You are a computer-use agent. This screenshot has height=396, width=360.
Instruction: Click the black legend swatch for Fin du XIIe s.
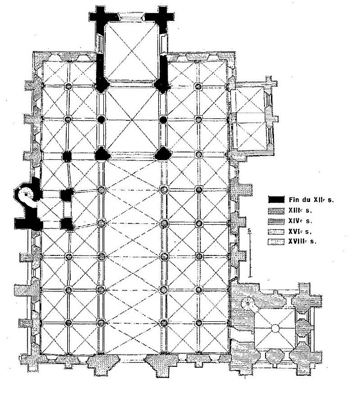[x=276, y=199]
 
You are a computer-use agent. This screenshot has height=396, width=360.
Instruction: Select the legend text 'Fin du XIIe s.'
[x=311, y=200]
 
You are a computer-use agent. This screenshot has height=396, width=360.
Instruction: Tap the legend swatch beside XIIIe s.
[x=276, y=211]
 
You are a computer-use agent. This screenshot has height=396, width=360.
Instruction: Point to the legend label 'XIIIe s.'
[x=300, y=210]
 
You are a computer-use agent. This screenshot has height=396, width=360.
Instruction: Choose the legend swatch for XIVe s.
[x=276, y=221]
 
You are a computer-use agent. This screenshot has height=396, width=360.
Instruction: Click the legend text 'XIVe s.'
[x=300, y=221]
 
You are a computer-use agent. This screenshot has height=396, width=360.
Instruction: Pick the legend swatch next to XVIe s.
[x=276, y=232]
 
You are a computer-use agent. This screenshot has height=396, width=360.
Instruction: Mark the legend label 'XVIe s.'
[x=300, y=231]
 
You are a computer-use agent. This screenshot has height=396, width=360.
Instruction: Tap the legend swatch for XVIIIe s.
[x=276, y=242]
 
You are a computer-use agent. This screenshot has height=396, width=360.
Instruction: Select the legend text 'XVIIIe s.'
[x=302, y=242]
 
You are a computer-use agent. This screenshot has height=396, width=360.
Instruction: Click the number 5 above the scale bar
[x=249, y=230]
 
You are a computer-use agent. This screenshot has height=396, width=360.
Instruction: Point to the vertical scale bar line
[x=250, y=255]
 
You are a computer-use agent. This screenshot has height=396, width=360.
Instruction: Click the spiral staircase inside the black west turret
[x=27, y=195]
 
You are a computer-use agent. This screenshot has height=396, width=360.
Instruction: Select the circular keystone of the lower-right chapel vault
[x=275, y=329]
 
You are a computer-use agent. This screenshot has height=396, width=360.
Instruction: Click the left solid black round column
[x=101, y=119]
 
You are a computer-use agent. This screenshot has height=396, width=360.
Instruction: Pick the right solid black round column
[x=164, y=119]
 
